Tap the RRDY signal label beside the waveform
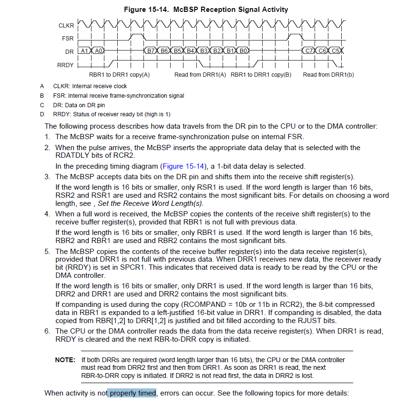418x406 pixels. tap(66, 64)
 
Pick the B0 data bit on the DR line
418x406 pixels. tap(243, 51)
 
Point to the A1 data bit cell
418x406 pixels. tap(84, 51)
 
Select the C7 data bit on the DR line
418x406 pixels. tap(309, 51)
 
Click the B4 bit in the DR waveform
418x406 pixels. tap(190, 51)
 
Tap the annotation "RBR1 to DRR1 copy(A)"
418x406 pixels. tap(119, 75)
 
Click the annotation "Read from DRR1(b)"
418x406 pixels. tap(328, 75)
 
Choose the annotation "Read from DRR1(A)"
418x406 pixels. tap(200, 75)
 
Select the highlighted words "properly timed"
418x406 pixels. tap(133, 393)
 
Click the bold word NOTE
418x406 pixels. tap(65, 360)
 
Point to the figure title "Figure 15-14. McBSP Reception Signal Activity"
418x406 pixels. tap(206, 10)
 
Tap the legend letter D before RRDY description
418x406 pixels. tap(42, 114)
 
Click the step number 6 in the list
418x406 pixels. tap(47, 331)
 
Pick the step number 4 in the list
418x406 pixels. tap(47, 214)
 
